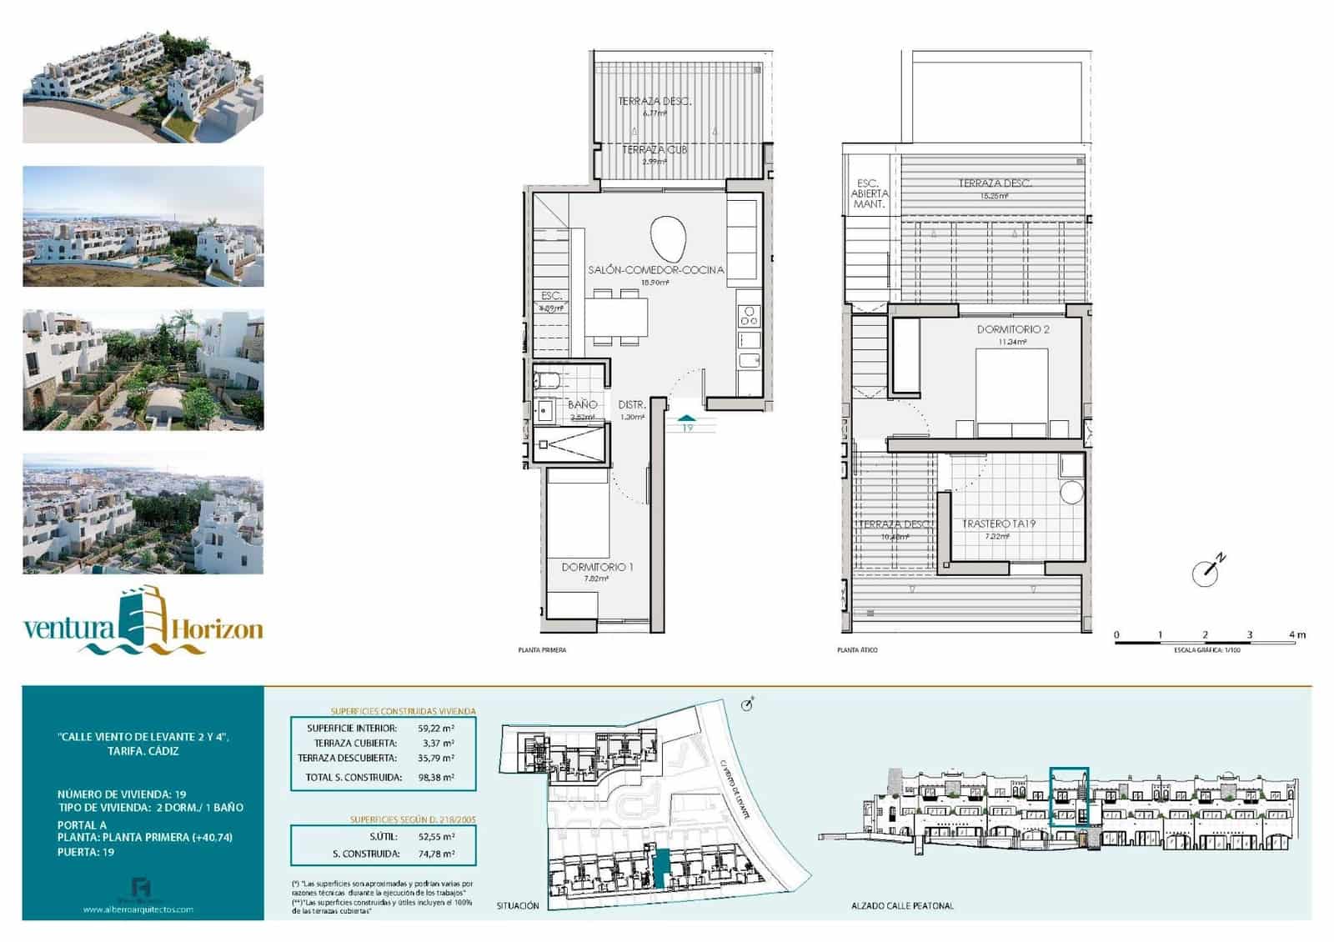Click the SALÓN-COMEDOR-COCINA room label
(655, 270)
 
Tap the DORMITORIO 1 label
(597, 567)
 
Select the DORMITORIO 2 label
(1013, 329)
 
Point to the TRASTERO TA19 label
(998, 524)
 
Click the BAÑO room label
(582, 404)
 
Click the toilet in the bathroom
(549, 382)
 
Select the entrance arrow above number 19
(686, 417)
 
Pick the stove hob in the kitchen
(749, 315)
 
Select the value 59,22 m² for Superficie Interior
(436, 728)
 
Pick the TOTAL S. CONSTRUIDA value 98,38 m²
(436, 777)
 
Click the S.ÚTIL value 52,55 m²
(436, 836)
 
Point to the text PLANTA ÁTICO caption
(857, 650)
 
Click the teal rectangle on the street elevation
(1068, 797)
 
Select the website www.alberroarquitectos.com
(138, 909)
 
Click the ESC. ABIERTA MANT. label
(869, 193)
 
